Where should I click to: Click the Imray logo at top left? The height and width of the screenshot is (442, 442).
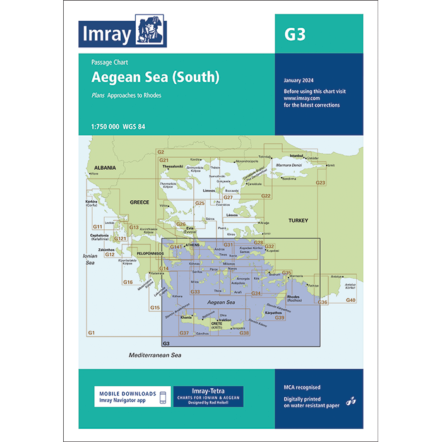(x=124, y=33)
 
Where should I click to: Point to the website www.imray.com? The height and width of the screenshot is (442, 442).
(x=300, y=98)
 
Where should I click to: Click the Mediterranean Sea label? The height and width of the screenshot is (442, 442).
(x=155, y=355)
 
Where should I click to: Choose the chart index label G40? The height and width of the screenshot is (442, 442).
(x=351, y=299)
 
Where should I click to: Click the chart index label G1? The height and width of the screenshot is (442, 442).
(x=91, y=332)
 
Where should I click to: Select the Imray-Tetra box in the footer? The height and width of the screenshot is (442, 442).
(x=208, y=396)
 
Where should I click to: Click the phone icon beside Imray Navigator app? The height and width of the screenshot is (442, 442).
(x=163, y=397)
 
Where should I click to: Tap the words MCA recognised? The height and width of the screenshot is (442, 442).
(x=302, y=386)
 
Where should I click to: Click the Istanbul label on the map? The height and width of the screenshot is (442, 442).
(x=297, y=155)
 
